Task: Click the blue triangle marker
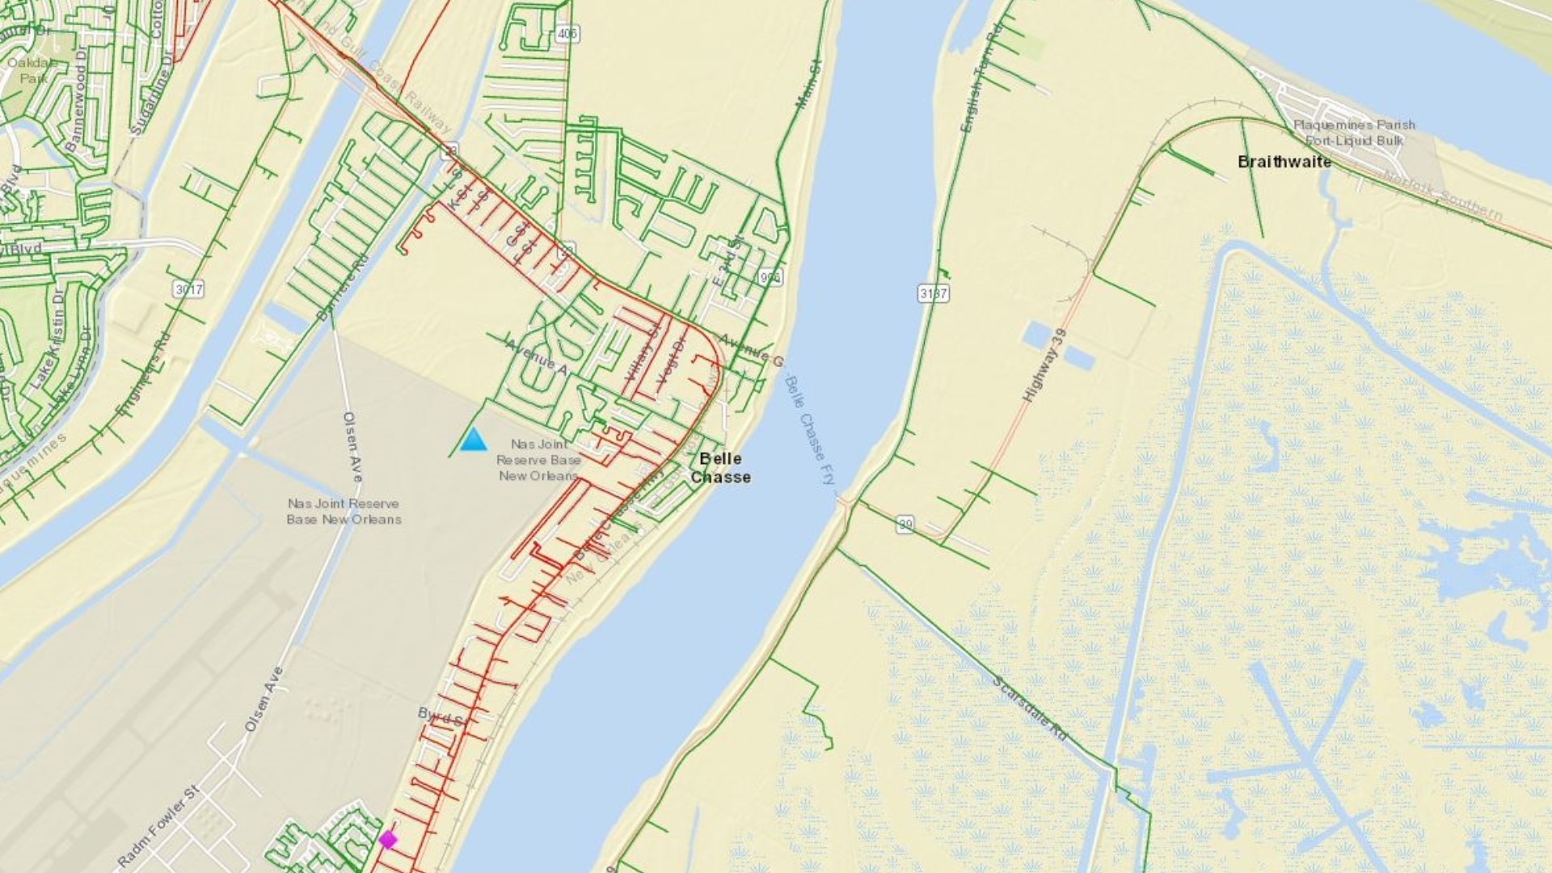pyautogui.click(x=473, y=440)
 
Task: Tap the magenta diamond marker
pyautogui.click(x=388, y=840)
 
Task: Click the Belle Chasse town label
pyautogui.click(x=720, y=468)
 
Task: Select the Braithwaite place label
pyautogui.click(x=1284, y=162)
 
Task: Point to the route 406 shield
pyautogui.click(x=567, y=34)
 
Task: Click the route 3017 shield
pyautogui.click(x=188, y=289)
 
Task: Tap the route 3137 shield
pyautogui.click(x=933, y=293)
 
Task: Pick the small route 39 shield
pyautogui.click(x=905, y=525)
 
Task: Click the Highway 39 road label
pyautogui.click(x=1045, y=366)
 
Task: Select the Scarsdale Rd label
pyautogui.click(x=1030, y=708)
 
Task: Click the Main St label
pyautogui.click(x=808, y=84)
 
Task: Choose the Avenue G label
pyautogui.click(x=752, y=348)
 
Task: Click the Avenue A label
pyautogui.click(x=537, y=356)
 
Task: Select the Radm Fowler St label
pyautogui.click(x=158, y=827)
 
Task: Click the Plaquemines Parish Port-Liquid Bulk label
pyautogui.click(x=1354, y=133)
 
